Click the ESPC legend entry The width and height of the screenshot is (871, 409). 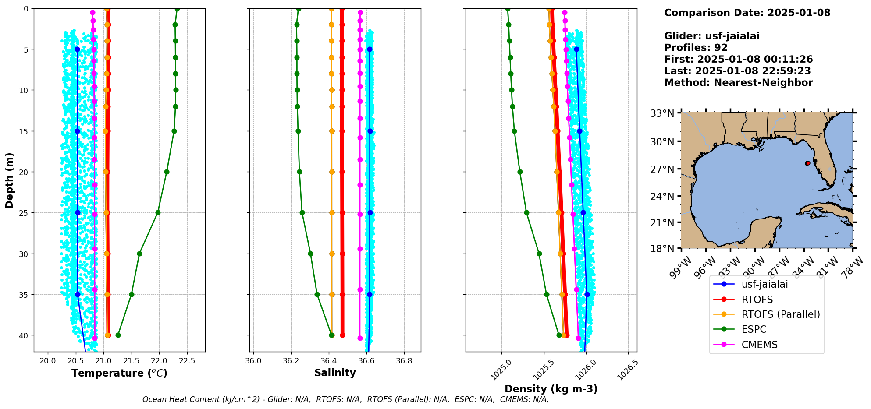754,329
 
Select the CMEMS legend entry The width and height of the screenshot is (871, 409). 759,345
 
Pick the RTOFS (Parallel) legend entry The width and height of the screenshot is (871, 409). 780,314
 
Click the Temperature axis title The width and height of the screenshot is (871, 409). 119,373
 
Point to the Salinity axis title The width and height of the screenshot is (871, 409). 335,373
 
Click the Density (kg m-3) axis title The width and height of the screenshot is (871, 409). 551,389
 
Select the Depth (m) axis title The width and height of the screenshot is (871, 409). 10,180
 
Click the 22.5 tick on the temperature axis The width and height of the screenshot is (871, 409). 187,361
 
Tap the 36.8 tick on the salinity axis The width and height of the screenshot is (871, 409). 404,361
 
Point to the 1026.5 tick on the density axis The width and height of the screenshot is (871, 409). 628,370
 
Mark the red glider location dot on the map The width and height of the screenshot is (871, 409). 807,163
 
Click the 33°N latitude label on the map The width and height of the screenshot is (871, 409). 662,114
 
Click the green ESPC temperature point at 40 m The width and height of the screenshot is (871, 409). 118,335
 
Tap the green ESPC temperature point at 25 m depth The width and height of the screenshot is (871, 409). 158,213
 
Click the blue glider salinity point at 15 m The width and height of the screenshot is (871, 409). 370,131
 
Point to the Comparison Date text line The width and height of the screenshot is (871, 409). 747,13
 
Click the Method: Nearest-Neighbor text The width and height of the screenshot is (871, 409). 738,83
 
